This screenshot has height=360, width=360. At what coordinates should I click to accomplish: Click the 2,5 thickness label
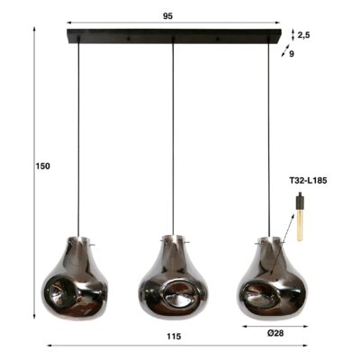coord(303,35)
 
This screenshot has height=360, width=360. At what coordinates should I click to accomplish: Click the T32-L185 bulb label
coord(308,181)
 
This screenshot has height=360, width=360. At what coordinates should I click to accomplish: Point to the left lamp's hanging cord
coord(78,135)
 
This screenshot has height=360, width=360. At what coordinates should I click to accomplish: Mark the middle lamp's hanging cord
coord(173,135)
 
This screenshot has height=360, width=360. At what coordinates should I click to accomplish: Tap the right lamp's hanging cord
coord(268,135)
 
